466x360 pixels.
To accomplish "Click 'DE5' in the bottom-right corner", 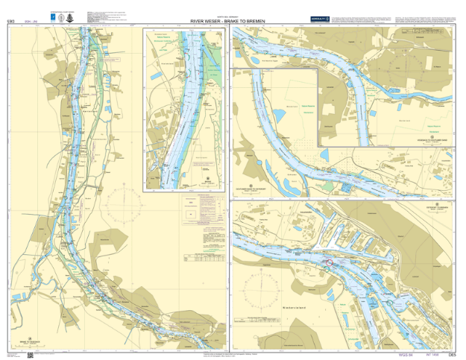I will pos(452,353).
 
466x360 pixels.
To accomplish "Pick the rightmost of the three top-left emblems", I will pos(70,17).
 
